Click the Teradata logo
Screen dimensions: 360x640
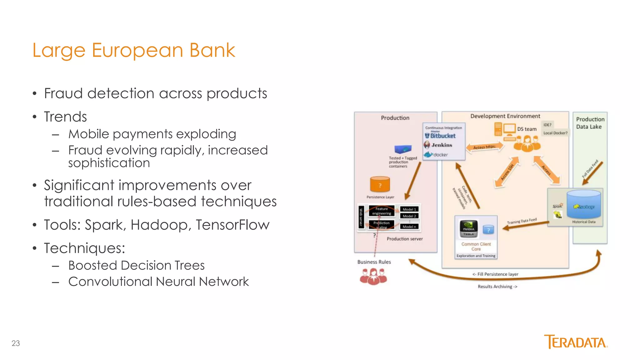(x=576, y=342)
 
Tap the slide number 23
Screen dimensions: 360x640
(x=16, y=343)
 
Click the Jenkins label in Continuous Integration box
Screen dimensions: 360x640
(x=442, y=145)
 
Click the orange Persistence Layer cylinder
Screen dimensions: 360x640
(x=380, y=184)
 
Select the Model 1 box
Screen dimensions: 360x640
(x=409, y=209)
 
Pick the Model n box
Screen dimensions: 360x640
(x=409, y=227)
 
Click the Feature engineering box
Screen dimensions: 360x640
(x=382, y=211)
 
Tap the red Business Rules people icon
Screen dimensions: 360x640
(x=373, y=277)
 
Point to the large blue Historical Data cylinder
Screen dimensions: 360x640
(x=583, y=205)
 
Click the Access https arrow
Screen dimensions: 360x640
(x=484, y=147)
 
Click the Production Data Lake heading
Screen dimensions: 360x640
(x=590, y=123)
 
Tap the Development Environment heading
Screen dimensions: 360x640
(x=505, y=116)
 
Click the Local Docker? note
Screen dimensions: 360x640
(x=555, y=133)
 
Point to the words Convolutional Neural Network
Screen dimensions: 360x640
(x=158, y=282)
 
